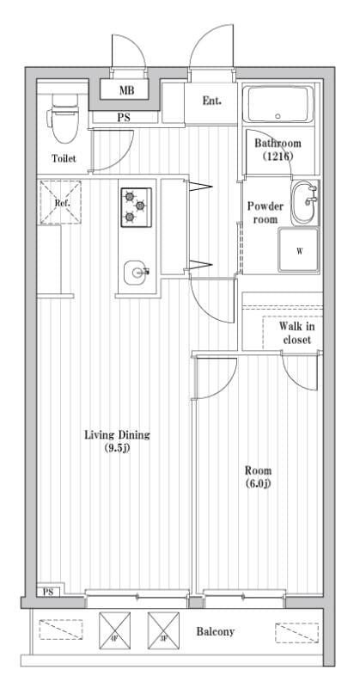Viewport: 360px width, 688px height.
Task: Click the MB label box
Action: pos(126,89)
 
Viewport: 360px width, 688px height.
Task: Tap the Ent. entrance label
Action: pos(211,101)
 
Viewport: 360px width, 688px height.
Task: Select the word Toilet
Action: pos(64,159)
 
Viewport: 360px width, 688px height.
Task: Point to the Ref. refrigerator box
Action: pos(61,202)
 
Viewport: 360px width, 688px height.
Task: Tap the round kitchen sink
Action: pos(136,273)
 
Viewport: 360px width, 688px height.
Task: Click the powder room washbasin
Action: pos(304,204)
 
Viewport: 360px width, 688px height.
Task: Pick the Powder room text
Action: pos(265,212)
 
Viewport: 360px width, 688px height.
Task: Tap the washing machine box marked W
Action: pos(299,251)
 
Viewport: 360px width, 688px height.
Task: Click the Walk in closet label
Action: pos(296,332)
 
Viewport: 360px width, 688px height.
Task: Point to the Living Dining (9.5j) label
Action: pos(117,441)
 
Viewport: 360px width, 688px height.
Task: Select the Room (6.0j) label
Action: pos(258,476)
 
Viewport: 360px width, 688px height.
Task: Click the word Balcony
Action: pos(216,632)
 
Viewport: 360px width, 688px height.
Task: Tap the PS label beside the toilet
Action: pos(124,117)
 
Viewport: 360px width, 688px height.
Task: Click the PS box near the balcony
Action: pos(48,592)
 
